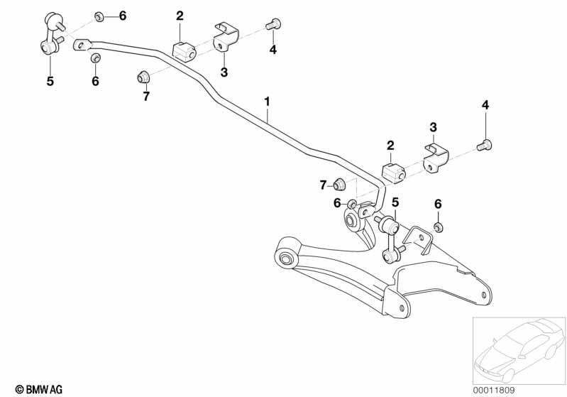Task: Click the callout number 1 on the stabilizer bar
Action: [x=268, y=102]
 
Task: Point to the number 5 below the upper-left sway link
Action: [x=50, y=82]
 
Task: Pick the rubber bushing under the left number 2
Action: [x=184, y=51]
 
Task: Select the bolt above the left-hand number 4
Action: [x=273, y=26]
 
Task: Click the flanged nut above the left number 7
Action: [x=142, y=75]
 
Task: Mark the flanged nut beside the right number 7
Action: [x=341, y=184]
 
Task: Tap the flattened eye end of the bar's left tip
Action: [x=82, y=44]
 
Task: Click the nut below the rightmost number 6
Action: [x=438, y=227]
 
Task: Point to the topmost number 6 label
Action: [x=122, y=16]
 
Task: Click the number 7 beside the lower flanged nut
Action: [x=323, y=185]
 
